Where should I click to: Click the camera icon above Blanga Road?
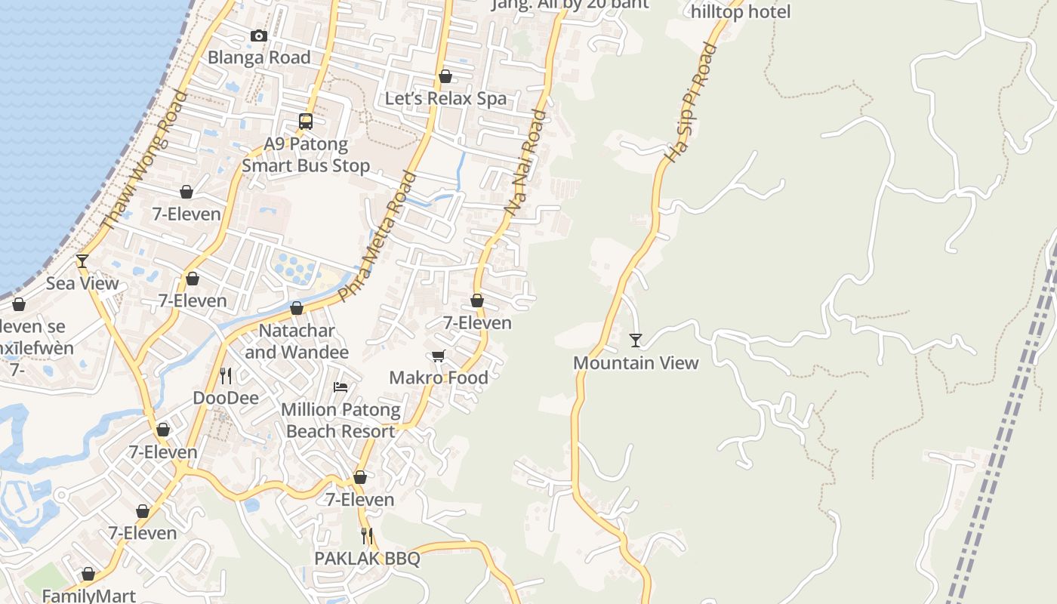pos(259,35)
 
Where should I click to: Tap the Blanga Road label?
pos(259,57)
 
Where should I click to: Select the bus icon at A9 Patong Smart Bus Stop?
pos(306,121)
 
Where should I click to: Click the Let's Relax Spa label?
pos(445,98)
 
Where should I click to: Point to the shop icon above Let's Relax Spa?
pos(445,76)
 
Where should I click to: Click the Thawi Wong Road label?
pos(143,160)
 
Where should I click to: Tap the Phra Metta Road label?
pos(378,237)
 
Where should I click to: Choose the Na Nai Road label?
pos(528,163)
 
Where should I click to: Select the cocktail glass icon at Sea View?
pos(82,261)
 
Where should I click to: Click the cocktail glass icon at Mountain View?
pos(636,341)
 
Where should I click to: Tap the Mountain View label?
pos(636,362)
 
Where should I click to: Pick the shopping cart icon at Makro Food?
pos(439,356)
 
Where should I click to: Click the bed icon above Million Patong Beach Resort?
pos(341,387)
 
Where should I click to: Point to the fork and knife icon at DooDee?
pos(225,375)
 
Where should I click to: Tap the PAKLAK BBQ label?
pos(367,559)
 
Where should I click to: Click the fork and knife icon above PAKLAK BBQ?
pos(367,536)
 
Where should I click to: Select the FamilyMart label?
pos(88,596)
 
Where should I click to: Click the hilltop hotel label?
pos(741,12)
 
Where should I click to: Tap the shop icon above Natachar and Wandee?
pos(297,308)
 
